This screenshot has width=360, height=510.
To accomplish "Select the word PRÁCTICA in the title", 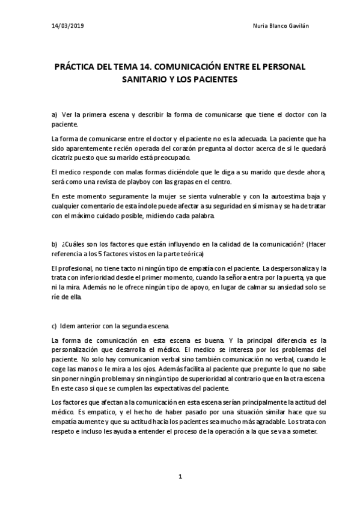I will pos(78,66).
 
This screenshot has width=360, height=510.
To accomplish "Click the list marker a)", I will pos(55,114).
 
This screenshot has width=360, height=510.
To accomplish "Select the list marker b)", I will pos(55,244).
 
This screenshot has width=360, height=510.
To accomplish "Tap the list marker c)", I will pos(55,325).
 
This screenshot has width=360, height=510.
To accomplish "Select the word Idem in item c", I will pos(69,325).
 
